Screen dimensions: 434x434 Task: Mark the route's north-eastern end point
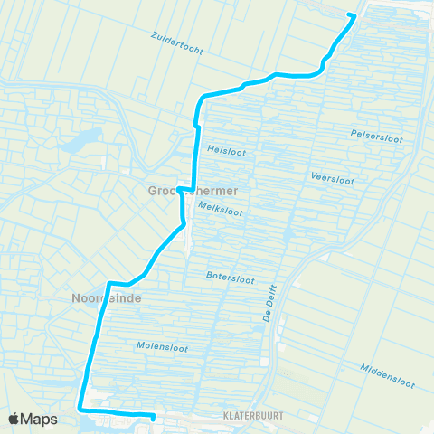pyautogui.click(x=353, y=15)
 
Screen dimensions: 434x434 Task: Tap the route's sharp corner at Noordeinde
pyautogui.click(x=109, y=283)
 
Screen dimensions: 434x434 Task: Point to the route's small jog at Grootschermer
pyautogui.click(x=182, y=190)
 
